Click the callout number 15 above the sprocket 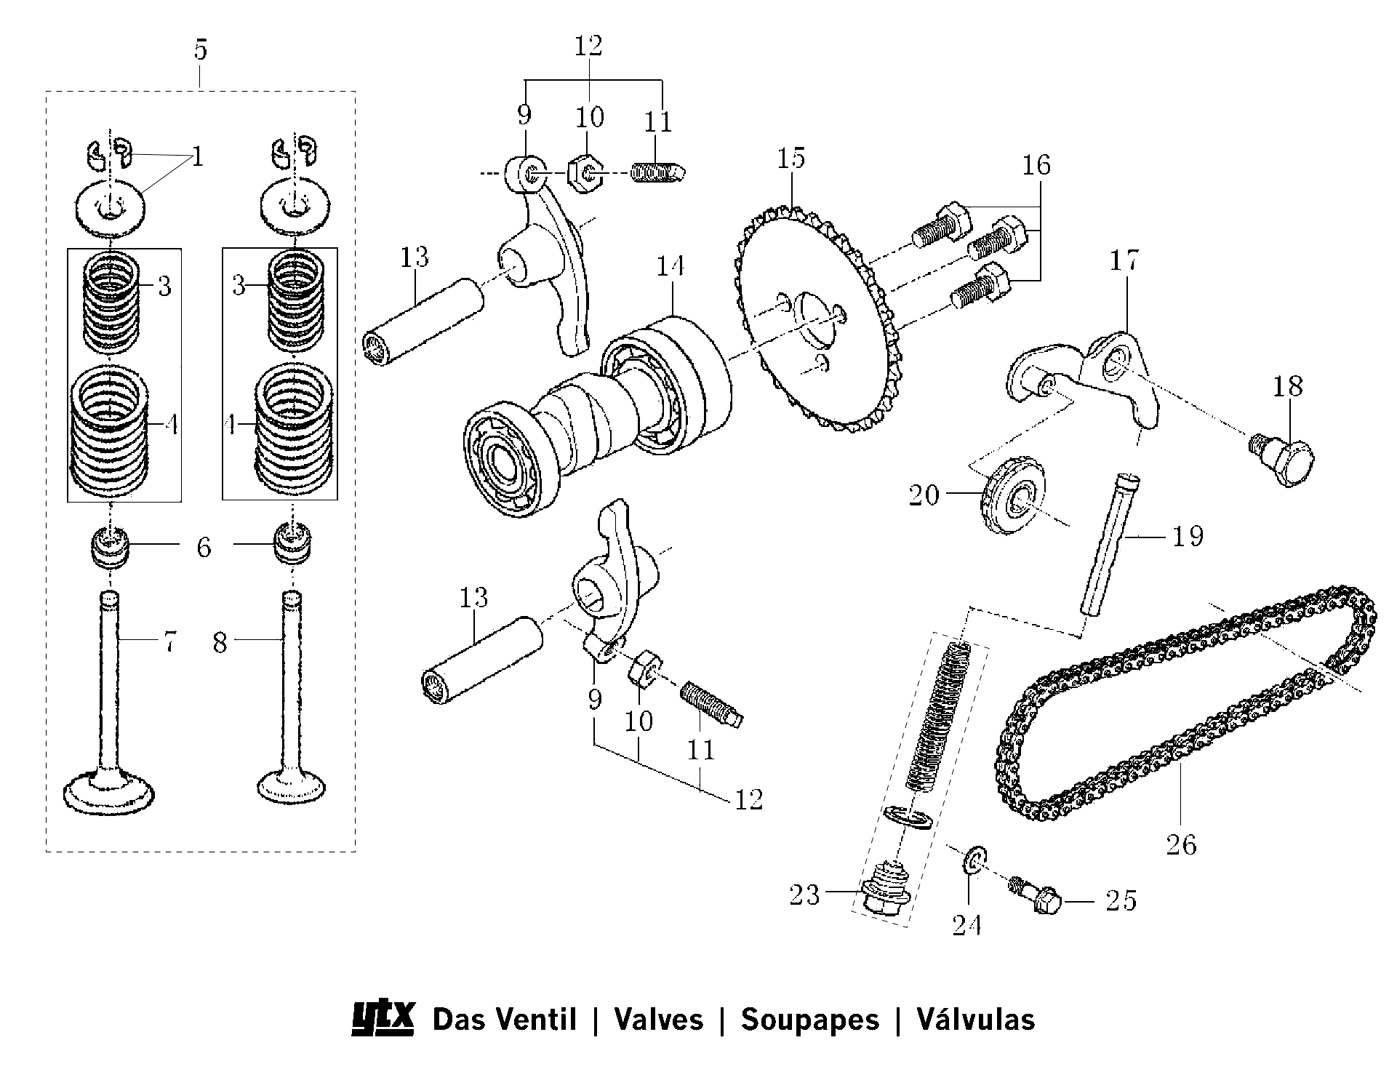(791, 158)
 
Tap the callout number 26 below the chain (1181, 845)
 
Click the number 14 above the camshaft (671, 266)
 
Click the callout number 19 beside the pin (1188, 537)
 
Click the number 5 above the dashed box (201, 50)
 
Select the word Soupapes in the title (809, 1020)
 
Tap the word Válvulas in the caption (975, 1020)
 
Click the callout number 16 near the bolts (1036, 166)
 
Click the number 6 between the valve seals (204, 548)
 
